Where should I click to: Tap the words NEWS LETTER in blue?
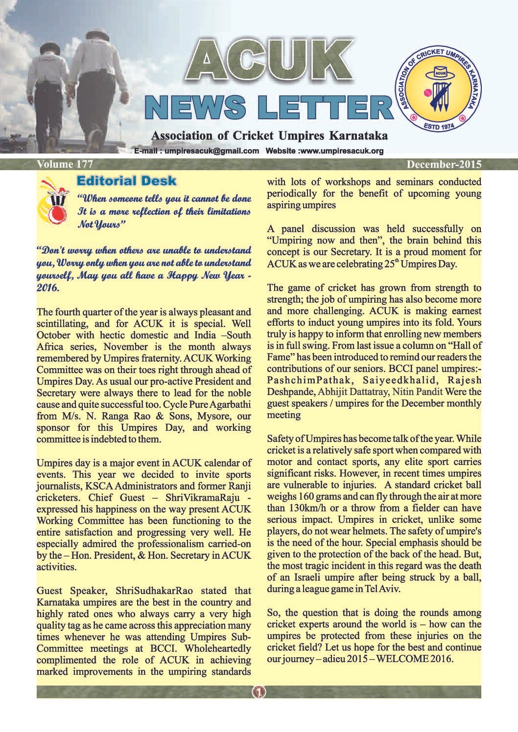(269, 108)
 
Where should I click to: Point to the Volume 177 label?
(65, 164)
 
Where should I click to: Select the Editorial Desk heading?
(126, 181)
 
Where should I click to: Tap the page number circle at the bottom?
(259, 692)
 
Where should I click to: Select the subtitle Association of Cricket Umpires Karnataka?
(269, 135)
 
